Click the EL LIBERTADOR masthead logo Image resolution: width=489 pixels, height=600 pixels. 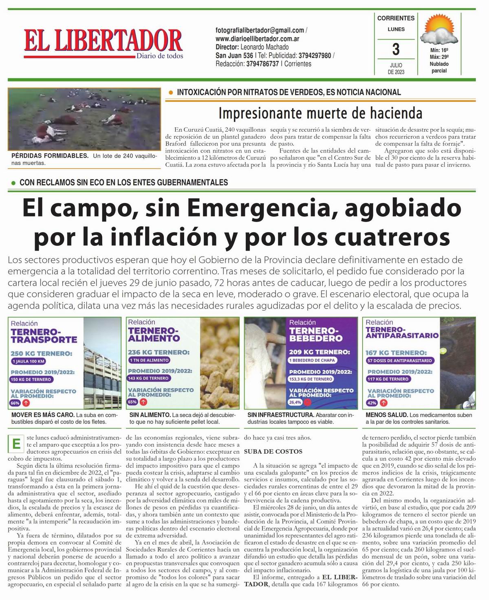[103, 42]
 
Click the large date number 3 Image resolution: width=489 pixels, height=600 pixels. [396, 49]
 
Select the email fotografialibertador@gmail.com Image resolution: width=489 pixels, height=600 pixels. [260, 30]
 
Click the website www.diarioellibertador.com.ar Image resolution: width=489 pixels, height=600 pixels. [258, 39]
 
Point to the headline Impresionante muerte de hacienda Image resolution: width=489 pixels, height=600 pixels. [320, 112]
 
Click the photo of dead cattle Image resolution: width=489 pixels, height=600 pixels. [84, 119]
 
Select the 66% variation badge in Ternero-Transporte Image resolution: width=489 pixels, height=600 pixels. [15, 403]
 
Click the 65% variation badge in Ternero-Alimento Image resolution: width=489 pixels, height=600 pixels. [132, 402]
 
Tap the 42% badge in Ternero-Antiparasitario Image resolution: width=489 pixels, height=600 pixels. [372, 403]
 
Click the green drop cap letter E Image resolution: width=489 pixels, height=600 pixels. [16, 444]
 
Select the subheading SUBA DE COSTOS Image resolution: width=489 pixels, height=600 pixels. [273, 451]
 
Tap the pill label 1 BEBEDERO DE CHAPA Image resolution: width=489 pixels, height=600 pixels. [312, 360]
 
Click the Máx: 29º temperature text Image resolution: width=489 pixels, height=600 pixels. [439, 57]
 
